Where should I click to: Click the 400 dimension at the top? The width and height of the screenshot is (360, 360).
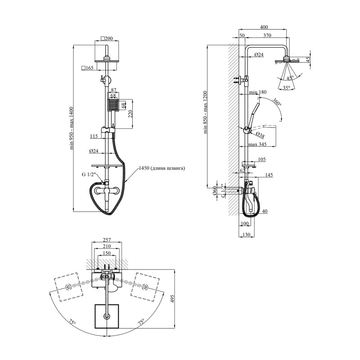coord(264,27)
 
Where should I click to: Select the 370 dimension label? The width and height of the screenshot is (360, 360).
coord(267,36)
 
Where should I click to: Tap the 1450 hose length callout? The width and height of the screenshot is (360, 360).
coord(162,168)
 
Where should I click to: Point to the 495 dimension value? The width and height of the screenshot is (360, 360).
coord(172,299)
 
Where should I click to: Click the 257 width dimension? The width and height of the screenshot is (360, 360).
coord(107,240)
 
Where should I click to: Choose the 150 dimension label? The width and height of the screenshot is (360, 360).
coord(107,253)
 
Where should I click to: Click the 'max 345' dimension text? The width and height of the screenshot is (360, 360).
coord(257,144)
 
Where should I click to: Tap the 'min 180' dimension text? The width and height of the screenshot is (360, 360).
coord(258,92)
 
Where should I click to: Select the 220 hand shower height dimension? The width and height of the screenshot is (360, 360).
coord(130,114)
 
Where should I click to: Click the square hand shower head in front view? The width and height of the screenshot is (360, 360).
coord(113,105)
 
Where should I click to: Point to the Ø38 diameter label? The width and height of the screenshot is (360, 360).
coord(260,135)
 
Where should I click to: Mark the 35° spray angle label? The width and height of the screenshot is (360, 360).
coord(286,87)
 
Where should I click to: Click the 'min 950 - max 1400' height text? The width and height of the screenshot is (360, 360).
coord(73,128)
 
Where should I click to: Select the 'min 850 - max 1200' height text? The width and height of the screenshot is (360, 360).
coord(205,112)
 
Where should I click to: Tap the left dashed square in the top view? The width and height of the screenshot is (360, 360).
coord(68,287)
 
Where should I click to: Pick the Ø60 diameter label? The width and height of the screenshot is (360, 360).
coord(215,191)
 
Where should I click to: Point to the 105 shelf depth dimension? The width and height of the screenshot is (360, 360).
coord(262,159)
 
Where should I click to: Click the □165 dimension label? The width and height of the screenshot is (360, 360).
coord(87,68)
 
